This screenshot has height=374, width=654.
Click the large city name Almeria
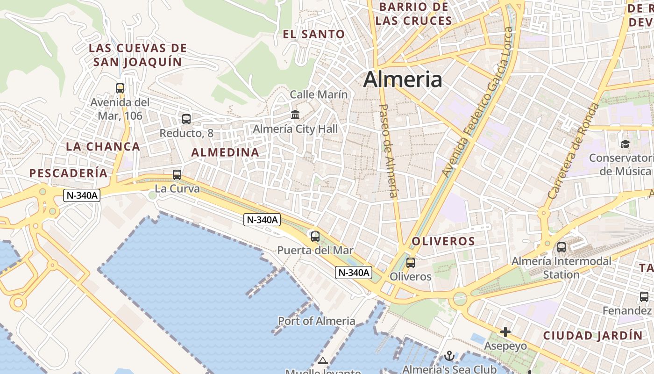point(402,79)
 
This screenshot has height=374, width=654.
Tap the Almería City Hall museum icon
point(295,115)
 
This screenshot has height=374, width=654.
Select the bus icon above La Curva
point(177,175)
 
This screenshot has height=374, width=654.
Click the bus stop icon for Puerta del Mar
point(315,237)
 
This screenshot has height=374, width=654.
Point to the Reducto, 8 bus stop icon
point(186,119)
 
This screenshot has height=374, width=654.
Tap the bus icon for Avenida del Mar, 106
point(120,88)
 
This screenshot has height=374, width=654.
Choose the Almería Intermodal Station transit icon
point(562,247)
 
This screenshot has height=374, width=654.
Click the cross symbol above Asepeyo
point(505,332)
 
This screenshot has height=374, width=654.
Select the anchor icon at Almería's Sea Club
point(449,356)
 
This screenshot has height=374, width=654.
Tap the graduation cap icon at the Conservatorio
point(625,144)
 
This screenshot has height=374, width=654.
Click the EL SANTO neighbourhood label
point(314,34)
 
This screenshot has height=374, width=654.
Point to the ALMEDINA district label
point(225,152)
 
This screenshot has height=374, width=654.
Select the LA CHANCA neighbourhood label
point(103,146)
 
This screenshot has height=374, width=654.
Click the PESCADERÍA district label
point(68,173)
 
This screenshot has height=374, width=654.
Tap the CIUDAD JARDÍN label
point(593,336)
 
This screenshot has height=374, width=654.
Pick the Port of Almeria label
point(317,321)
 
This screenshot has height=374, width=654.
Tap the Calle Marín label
point(319,94)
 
